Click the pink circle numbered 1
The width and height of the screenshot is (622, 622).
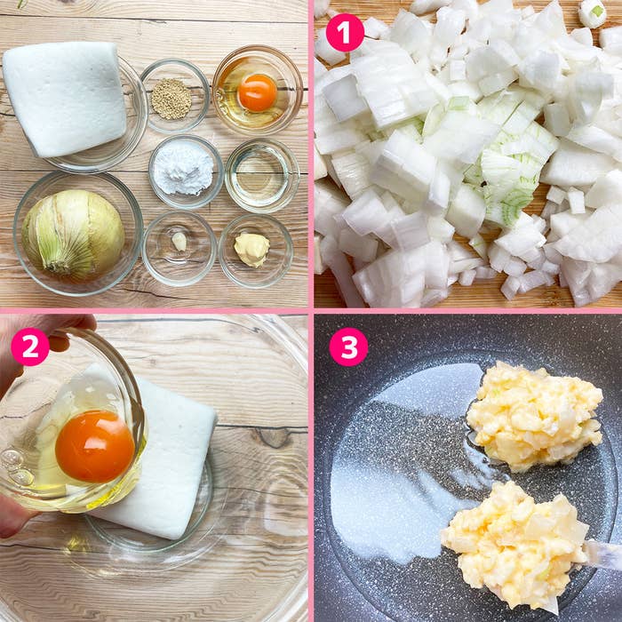tap(345, 33)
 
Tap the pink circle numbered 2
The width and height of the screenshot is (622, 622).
tap(30, 347)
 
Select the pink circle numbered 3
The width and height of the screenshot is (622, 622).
tap(348, 347)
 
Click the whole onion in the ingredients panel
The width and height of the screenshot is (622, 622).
tap(73, 235)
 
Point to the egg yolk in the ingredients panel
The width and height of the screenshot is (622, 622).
tap(257, 92)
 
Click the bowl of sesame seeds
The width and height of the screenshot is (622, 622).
tap(175, 96)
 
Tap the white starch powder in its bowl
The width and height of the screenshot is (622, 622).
tap(183, 169)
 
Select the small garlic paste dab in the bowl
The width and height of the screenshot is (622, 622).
tap(179, 241)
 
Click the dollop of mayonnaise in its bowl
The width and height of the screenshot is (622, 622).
tap(251, 249)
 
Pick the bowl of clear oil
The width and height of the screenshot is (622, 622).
tap(262, 176)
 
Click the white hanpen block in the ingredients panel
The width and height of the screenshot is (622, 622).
tap(66, 98)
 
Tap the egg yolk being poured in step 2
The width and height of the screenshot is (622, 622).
tap(95, 446)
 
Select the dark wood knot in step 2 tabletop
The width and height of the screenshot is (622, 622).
tap(274, 437)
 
